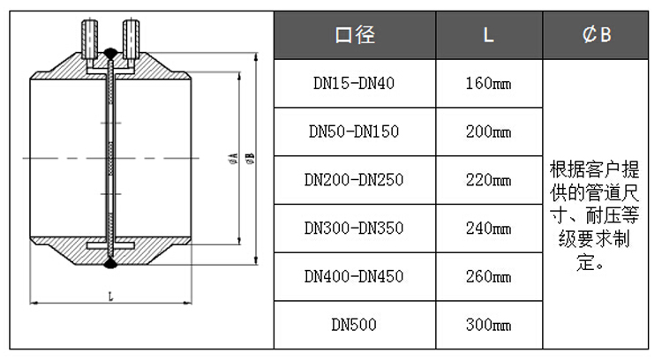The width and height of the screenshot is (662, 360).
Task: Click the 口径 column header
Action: click(354, 35)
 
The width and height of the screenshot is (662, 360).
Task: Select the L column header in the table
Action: click(488, 35)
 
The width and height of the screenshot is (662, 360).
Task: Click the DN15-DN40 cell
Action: click(354, 84)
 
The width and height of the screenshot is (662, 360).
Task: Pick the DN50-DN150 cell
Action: click(354, 131)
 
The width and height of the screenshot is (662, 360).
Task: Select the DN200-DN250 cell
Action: click(354, 180)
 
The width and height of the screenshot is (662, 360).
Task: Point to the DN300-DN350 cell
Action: click(354, 229)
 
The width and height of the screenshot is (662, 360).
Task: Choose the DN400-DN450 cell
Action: click(354, 276)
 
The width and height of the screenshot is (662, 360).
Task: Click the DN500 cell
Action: click(354, 325)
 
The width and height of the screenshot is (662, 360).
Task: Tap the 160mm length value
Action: click(488, 84)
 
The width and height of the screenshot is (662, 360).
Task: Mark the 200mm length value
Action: click(488, 131)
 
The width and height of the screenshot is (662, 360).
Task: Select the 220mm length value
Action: click(488, 180)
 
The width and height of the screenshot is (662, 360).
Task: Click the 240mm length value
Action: click(488, 229)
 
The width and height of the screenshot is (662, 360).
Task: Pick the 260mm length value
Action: click(488, 276)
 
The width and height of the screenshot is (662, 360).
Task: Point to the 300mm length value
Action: click(488, 325)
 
